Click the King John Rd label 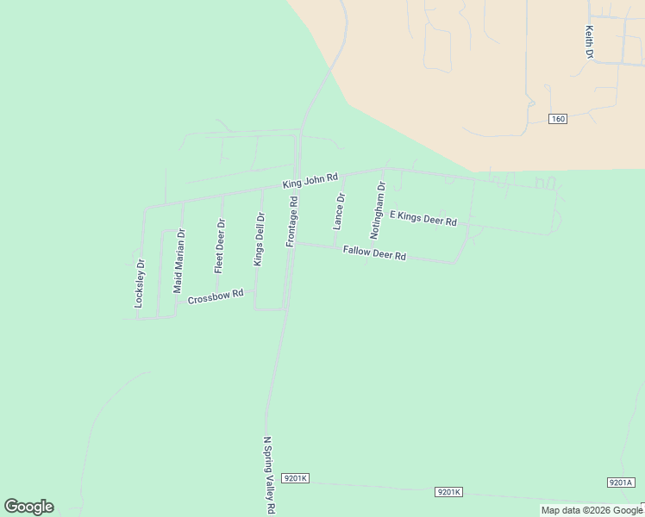point(310,179)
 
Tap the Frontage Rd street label point(292,222)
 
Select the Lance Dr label point(339,211)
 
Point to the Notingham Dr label point(377,210)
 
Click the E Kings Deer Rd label point(423,218)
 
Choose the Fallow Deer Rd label point(374,253)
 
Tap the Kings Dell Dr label point(258,239)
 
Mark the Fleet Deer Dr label point(220,246)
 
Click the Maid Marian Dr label point(179,261)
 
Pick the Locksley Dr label point(140,283)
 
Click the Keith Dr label point(590,41)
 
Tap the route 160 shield point(557,119)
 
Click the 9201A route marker point(620,483)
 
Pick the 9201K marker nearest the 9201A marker point(448,491)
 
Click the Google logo point(28,507)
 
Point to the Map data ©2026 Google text point(592,510)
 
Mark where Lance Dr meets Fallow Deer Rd point(335,246)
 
